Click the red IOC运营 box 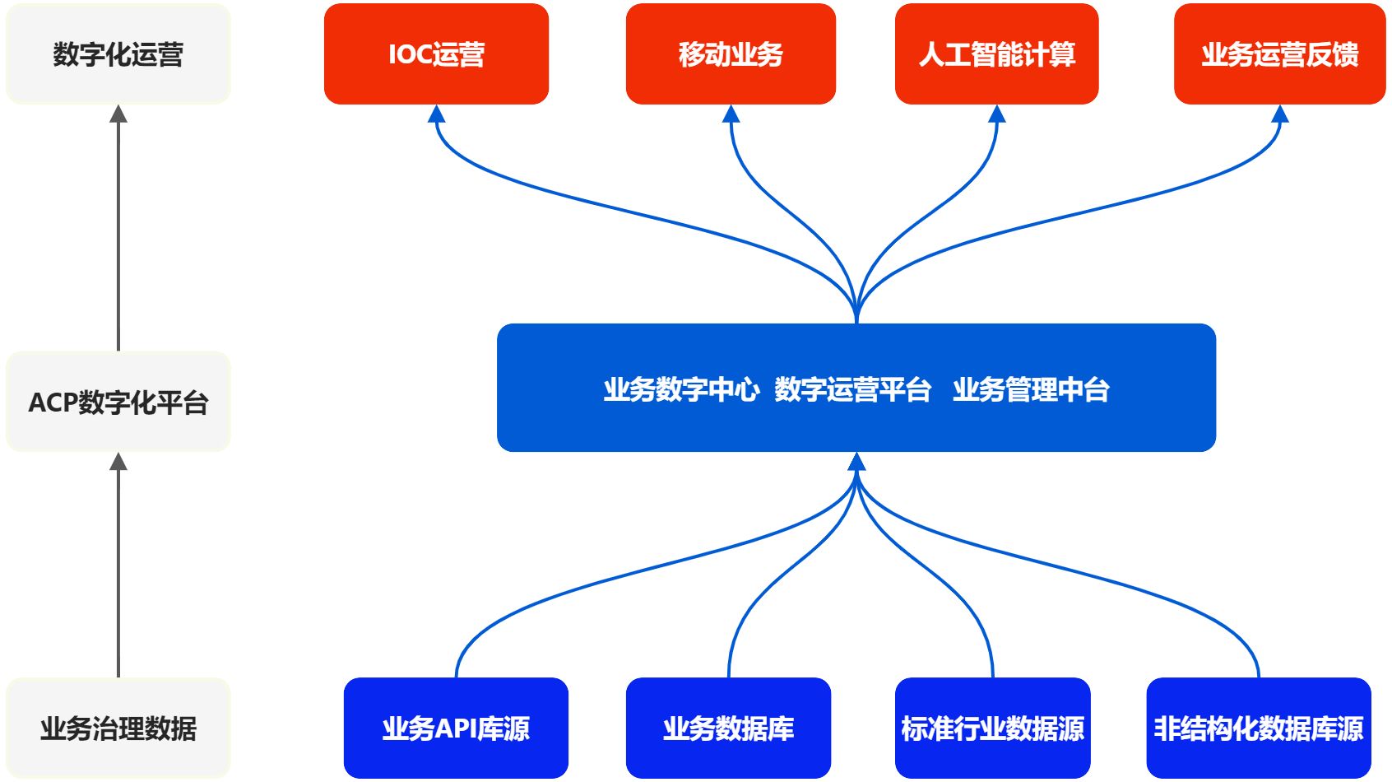click(436, 54)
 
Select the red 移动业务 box click(731, 54)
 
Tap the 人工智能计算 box click(996, 54)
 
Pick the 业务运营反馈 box click(1279, 54)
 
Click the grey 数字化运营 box click(118, 54)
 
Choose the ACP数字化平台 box click(118, 402)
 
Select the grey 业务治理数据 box click(118, 728)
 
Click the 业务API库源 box click(456, 728)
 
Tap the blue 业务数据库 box click(728, 728)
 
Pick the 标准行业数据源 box click(992, 728)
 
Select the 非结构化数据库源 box click(1258, 728)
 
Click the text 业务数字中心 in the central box click(681, 389)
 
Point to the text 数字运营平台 click(852, 389)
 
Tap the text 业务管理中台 click(1031, 389)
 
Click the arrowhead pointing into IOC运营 click(437, 114)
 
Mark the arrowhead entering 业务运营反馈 click(1279, 114)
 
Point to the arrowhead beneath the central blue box click(856, 462)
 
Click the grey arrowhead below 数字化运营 click(118, 114)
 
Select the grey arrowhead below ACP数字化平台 click(118, 462)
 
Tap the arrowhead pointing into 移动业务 click(731, 114)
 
